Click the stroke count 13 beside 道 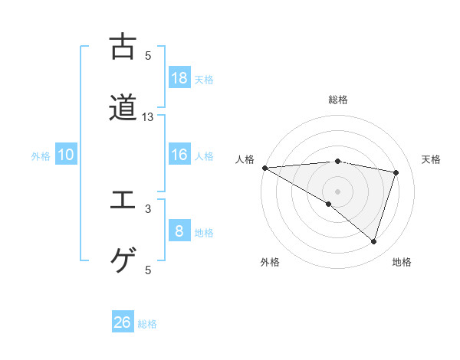[x=148, y=117]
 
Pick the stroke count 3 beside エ [x=148, y=208]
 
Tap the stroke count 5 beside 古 [x=148, y=55]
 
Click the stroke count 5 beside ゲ [x=148, y=270]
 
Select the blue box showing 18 [x=179, y=77]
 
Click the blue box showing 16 [x=179, y=155]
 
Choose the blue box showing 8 [x=179, y=231]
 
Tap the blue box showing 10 [x=66, y=155]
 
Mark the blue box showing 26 [x=123, y=322]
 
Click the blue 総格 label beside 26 [x=147, y=324]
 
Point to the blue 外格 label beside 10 [x=41, y=156]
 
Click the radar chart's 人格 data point [x=264, y=168]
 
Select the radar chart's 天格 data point [x=396, y=172]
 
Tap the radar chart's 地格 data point [x=373, y=241]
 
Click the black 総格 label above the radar [x=338, y=100]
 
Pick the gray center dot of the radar [x=338, y=191]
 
